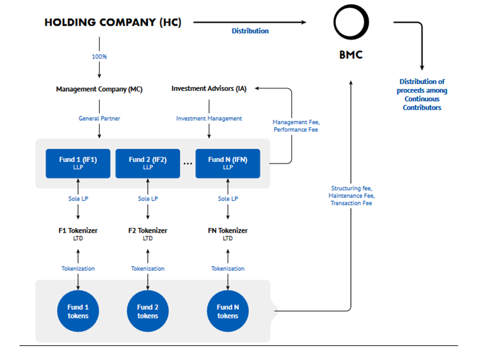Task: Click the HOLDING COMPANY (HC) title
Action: tap(113, 23)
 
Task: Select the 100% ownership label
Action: tap(99, 57)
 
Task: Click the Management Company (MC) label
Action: tap(99, 89)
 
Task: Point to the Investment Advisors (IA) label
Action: tap(209, 88)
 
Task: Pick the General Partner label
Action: tap(99, 118)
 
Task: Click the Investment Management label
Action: tap(209, 118)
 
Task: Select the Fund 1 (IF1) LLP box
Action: tap(78, 163)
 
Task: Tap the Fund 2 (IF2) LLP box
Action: tap(148, 163)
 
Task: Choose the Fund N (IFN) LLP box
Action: tap(228, 163)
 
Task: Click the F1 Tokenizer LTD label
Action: tap(78, 234)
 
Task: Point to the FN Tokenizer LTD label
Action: tap(228, 234)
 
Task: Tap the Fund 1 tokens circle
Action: tap(78, 311)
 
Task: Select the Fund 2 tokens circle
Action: tap(148, 311)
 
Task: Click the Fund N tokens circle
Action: tap(228, 311)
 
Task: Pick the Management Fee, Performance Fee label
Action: tap(296, 126)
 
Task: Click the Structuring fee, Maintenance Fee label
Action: tap(351, 196)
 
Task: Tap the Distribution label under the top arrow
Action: tap(250, 31)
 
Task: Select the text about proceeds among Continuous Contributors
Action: tap(422, 94)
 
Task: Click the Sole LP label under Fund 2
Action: tap(148, 199)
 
